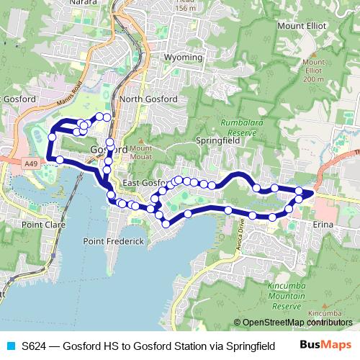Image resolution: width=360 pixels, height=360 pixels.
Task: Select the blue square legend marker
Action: pyautogui.click(x=10, y=346)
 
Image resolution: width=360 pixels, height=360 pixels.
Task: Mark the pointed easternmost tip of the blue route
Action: pyautogui.click(x=313, y=192)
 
